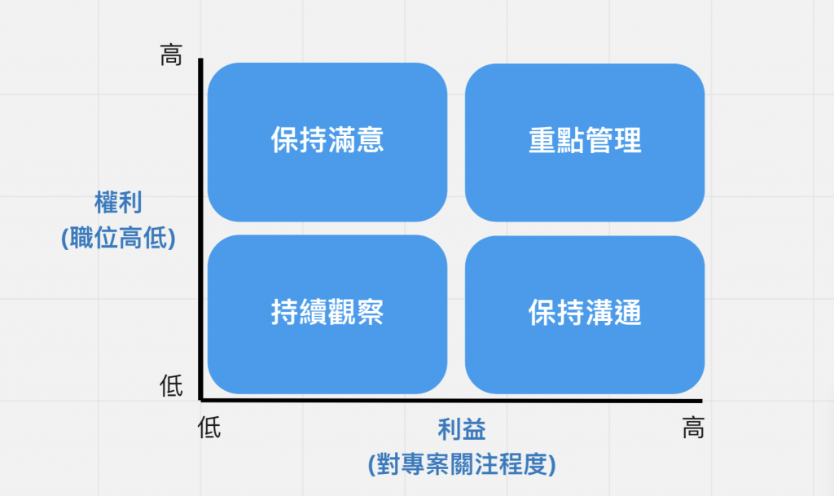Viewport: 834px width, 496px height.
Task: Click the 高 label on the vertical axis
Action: (x=171, y=56)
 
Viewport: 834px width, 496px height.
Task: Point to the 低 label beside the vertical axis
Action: (x=171, y=387)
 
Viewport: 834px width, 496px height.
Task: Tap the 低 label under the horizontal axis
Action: (x=209, y=428)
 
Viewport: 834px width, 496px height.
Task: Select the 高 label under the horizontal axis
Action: (x=692, y=428)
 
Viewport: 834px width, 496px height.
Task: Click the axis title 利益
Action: (x=461, y=430)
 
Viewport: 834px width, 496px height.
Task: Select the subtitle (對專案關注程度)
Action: (x=462, y=465)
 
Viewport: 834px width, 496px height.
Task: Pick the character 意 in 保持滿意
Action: (x=370, y=141)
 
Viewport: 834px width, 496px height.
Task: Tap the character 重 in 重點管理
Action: (x=542, y=141)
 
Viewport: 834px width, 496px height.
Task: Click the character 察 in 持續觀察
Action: (x=370, y=313)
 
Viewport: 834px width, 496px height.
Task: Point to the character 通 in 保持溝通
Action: (x=627, y=313)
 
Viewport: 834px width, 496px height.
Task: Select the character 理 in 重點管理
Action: (x=627, y=141)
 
